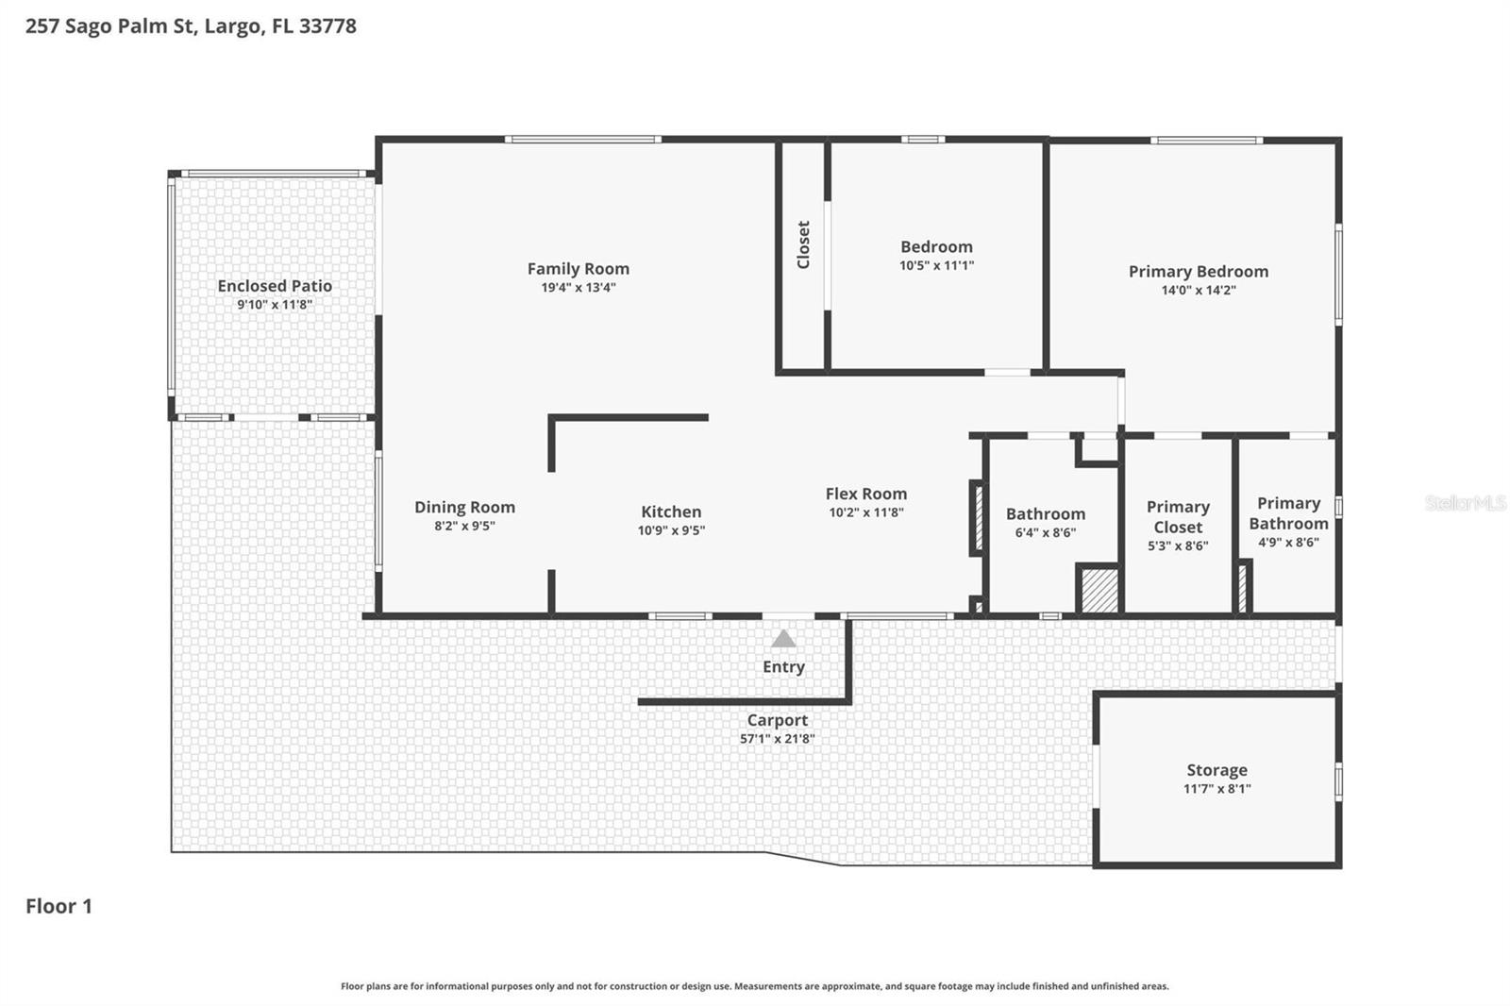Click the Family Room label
point(578,269)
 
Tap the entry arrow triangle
point(783,640)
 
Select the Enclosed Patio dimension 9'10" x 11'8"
point(274,305)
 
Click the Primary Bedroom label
point(1198,272)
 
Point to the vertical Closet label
point(803,244)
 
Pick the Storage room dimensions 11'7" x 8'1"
point(1216,789)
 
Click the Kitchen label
point(671,511)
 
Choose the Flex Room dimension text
point(865,512)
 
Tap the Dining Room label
point(464,507)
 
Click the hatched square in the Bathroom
point(1099,591)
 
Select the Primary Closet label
point(1177,517)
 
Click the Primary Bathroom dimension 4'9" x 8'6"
point(1288,543)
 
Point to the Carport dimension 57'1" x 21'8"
point(777,739)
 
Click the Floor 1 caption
point(59,906)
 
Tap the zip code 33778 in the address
point(327,26)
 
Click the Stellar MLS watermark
point(1465,503)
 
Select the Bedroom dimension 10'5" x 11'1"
point(935,266)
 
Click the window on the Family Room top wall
point(582,140)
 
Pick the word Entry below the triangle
point(783,667)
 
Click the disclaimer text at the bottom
point(754,986)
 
